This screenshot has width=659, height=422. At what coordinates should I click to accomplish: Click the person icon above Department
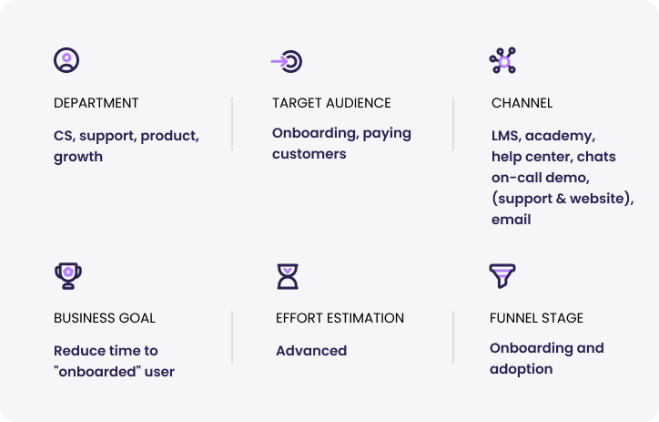(66, 60)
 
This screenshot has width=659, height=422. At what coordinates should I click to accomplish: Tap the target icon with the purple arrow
(287, 61)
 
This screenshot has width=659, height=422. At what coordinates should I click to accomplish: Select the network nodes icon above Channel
(502, 60)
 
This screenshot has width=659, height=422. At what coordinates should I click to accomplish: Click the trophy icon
(68, 276)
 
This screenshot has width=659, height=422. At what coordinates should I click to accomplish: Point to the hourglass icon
(288, 276)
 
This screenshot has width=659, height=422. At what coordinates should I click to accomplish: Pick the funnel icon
(502, 275)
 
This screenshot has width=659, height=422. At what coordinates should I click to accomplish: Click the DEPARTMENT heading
(96, 103)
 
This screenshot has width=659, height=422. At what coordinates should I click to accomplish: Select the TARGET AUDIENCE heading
(331, 103)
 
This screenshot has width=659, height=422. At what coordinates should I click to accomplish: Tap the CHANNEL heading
(522, 103)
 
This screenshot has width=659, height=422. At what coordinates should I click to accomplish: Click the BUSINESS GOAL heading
(105, 318)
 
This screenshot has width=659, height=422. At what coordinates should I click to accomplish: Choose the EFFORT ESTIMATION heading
(340, 318)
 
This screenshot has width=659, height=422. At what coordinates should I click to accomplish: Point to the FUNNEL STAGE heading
(537, 318)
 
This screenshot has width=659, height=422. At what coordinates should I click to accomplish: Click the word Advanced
(311, 351)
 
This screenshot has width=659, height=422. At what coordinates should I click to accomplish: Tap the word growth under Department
(78, 158)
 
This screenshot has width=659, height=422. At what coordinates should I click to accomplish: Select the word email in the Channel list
(511, 220)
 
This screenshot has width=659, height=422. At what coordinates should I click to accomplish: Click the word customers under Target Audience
(309, 154)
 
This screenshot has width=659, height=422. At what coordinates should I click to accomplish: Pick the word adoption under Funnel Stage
(522, 369)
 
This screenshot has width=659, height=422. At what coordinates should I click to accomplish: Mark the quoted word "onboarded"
(97, 372)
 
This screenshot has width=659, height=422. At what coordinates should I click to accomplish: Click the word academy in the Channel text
(560, 137)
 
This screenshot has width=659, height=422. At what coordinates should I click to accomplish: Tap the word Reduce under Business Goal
(76, 351)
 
